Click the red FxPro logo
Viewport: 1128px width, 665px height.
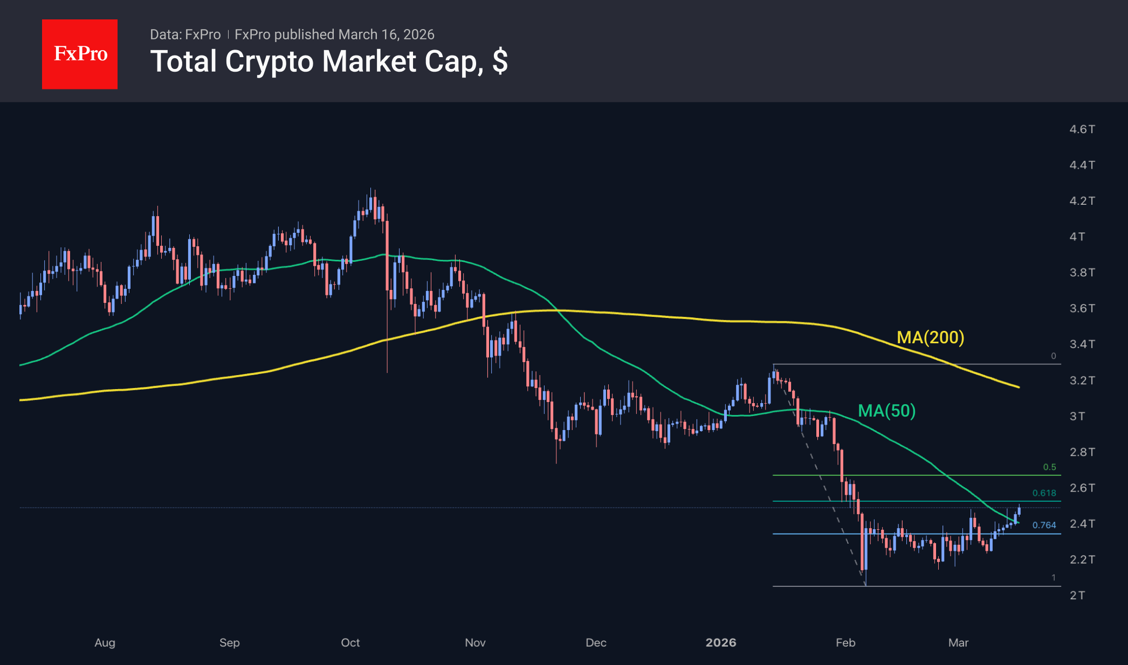pos(80,54)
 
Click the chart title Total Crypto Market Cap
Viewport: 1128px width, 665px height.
pos(328,61)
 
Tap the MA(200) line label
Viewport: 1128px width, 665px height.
pos(930,337)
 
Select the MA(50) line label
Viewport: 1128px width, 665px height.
pos(886,411)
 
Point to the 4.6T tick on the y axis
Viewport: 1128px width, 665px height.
pos(1082,129)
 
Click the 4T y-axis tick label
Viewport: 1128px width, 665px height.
pos(1077,237)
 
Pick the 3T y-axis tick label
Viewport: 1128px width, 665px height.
pos(1077,416)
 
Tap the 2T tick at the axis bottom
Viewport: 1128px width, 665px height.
pos(1077,595)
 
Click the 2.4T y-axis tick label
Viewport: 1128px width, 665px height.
pos(1082,524)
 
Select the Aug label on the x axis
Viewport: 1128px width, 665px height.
pos(105,642)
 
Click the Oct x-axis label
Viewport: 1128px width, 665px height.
pos(350,642)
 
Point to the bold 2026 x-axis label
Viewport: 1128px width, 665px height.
pos(721,642)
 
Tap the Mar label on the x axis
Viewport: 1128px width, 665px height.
pos(958,642)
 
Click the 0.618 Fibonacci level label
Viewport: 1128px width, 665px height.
pos(1044,493)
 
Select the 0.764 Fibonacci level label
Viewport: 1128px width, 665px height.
pos(1044,525)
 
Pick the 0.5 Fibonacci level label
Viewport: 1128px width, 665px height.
pos(1049,467)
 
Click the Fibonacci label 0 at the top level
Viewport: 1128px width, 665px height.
pos(1053,356)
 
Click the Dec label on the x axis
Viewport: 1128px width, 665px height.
pos(596,642)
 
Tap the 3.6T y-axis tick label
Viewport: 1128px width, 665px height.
pos(1082,308)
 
